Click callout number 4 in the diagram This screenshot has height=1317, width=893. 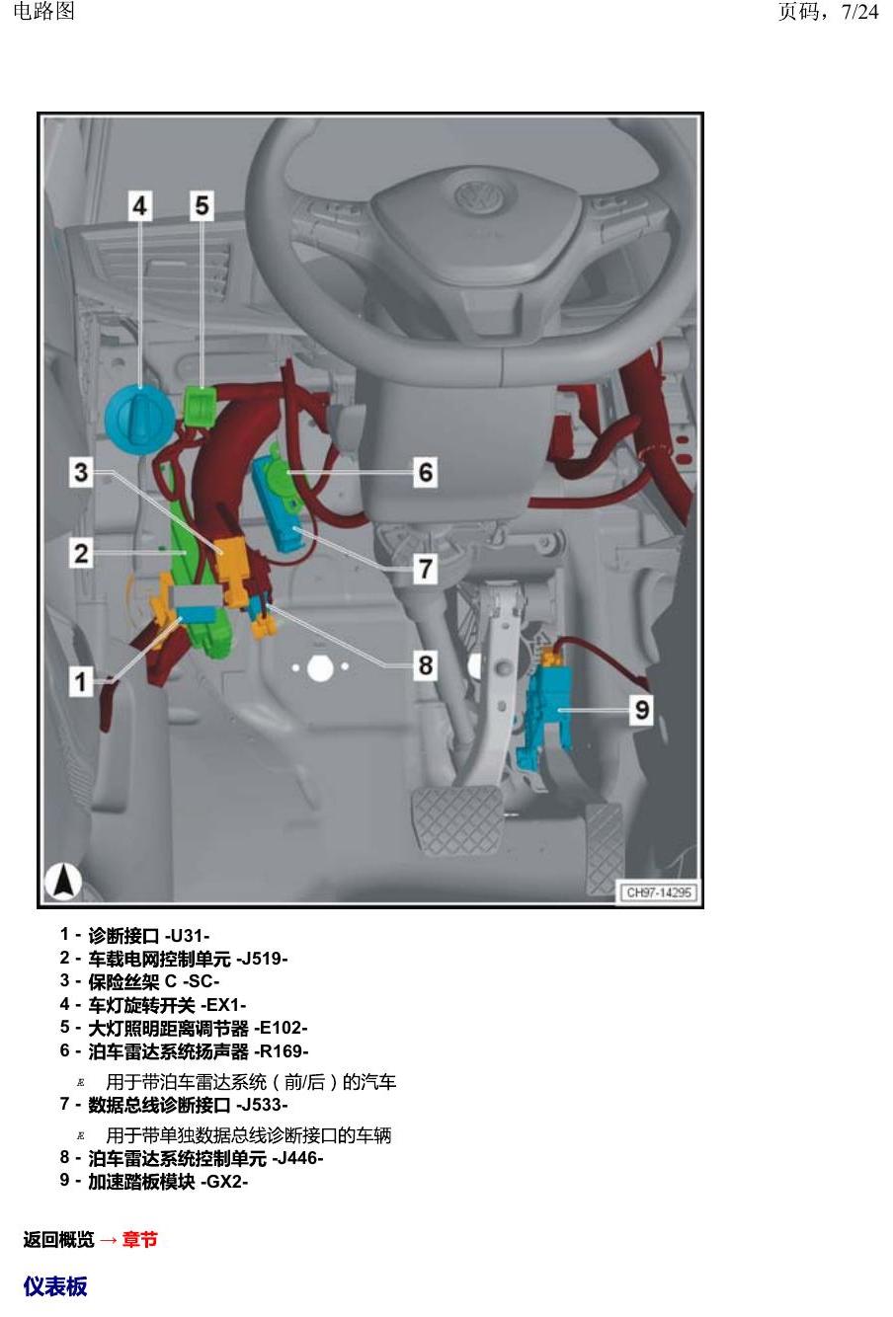point(140,205)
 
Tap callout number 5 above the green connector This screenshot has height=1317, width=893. point(202,205)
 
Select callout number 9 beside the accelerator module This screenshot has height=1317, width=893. point(642,710)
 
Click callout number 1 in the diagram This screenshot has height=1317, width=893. point(81,682)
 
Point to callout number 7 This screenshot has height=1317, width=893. point(426,569)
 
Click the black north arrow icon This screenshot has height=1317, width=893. point(63,881)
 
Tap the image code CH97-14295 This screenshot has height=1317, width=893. point(658,892)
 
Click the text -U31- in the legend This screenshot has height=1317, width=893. point(187,935)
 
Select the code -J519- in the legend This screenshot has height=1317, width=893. point(262,959)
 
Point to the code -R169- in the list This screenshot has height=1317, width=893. point(282,1051)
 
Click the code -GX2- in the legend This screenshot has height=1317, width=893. point(224,1182)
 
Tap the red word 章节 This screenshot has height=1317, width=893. point(140,1239)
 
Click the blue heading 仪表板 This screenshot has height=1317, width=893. point(55,1286)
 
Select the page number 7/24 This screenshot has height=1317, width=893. point(859,12)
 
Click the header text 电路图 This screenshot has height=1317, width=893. point(44,11)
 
